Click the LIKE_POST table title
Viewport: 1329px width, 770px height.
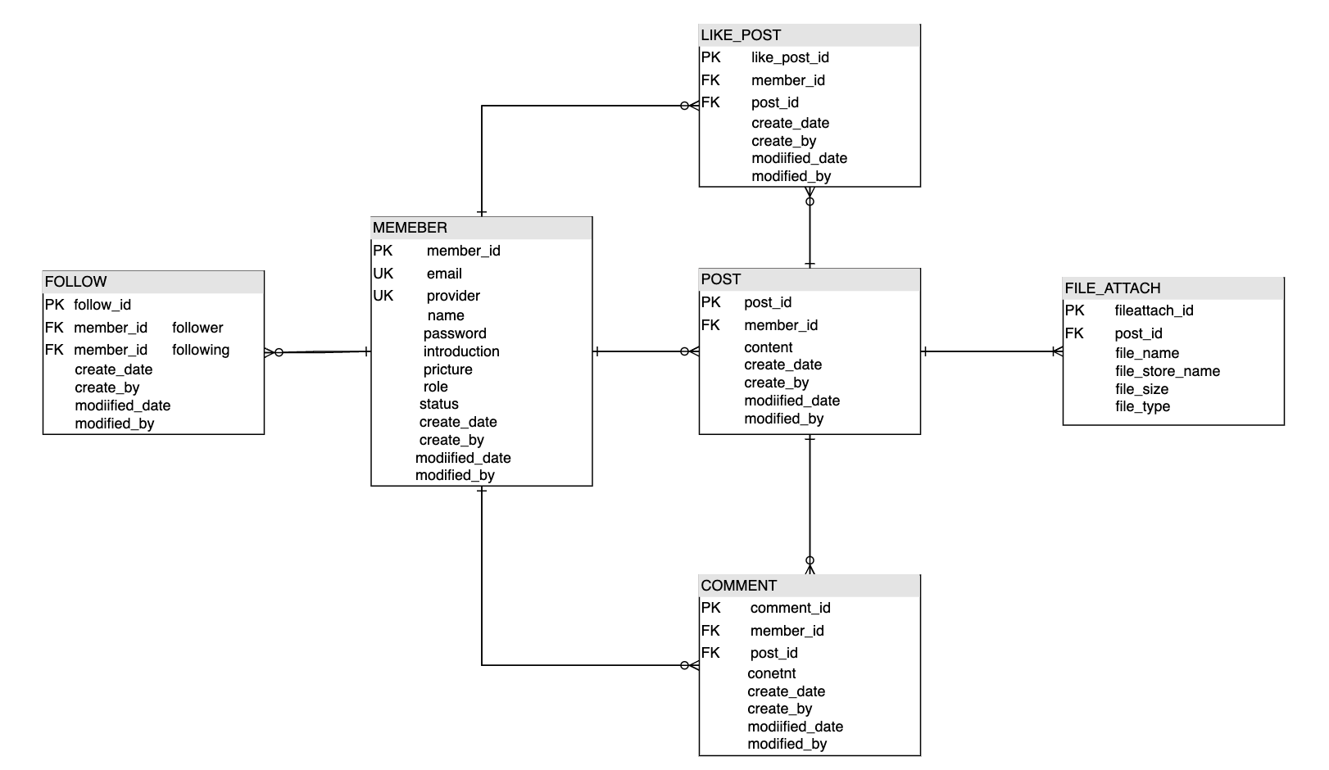pyautogui.click(x=741, y=35)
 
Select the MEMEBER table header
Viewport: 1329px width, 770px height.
pyautogui.click(x=410, y=228)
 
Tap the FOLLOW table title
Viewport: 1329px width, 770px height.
pyautogui.click(x=75, y=282)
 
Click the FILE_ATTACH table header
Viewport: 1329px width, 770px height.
pyautogui.click(x=1112, y=288)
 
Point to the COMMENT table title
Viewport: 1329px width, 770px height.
pyautogui.click(x=738, y=586)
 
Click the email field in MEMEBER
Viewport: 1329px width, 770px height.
pyautogui.click(x=444, y=274)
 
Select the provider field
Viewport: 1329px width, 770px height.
pyautogui.click(x=453, y=296)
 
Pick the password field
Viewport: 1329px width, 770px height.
pyautogui.click(x=455, y=333)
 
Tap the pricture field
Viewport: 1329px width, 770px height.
pyautogui.click(x=447, y=369)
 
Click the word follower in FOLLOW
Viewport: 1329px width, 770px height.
pyautogui.click(x=197, y=328)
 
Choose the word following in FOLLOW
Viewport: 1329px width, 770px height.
pyautogui.click(x=201, y=350)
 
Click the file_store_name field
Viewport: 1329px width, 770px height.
pyautogui.click(x=1167, y=371)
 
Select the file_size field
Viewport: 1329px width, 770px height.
pyautogui.click(x=1141, y=389)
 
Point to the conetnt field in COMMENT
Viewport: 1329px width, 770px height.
pyautogui.click(x=771, y=673)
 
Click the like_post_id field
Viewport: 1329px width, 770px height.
pyautogui.click(x=790, y=57)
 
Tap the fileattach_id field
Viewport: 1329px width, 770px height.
pyautogui.click(x=1154, y=310)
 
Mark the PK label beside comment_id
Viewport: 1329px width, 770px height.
pyautogui.click(x=710, y=608)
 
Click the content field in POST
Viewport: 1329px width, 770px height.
pyautogui.click(x=768, y=347)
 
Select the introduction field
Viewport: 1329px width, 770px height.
pyautogui.click(x=461, y=351)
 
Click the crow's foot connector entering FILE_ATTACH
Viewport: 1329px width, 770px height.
pyautogui.click(x=1057, y=351)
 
